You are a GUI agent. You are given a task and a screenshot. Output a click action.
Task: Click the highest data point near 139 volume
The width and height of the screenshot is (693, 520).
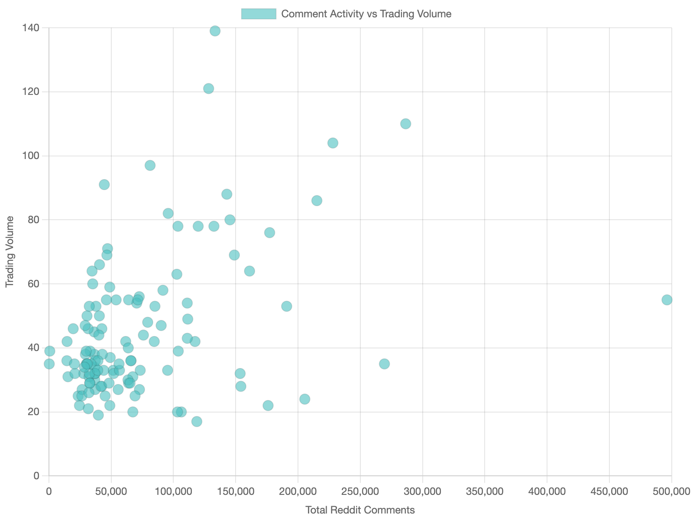(x=215, y=31)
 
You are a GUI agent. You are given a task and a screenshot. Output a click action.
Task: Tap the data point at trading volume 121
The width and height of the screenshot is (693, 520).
(x=208, y=88)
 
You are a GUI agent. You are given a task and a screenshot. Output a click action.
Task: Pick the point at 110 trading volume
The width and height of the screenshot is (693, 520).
(x=405, y=124)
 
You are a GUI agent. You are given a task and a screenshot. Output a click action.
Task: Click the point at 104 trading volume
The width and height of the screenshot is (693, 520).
(x=333, y=143)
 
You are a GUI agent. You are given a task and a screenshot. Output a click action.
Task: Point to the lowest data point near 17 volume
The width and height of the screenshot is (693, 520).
(x=197, y=422)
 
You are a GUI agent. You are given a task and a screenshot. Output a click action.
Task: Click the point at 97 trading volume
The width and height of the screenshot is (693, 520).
(x=150, y=166)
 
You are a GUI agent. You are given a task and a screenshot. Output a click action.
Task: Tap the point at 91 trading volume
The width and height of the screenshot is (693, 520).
(x=104, y=185)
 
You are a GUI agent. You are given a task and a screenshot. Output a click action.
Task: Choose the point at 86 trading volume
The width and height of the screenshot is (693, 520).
(x=317, y=201)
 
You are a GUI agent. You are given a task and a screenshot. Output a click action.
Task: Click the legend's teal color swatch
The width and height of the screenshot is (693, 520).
(x=259, y=14)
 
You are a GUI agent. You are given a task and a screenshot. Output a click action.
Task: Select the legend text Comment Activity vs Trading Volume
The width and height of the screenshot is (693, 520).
(x=366, y=14)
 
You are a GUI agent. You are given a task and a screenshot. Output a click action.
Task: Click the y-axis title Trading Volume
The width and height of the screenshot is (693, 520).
(x=10, y=251)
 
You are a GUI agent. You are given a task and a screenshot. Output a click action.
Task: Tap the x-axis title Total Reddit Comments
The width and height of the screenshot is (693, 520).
(x=360, y=510)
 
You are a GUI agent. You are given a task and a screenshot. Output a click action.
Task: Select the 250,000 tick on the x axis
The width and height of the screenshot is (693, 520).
(x=360, y=491)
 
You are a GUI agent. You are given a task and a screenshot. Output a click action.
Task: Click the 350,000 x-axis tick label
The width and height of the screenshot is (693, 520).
(x=484, y=491)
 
